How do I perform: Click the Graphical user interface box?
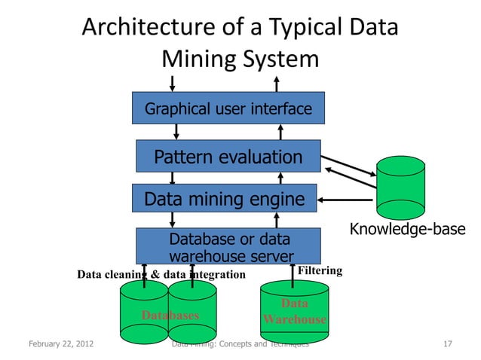[x=228, y=108]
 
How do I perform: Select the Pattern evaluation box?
[x=228, y=157]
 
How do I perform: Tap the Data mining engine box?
[x=225, y=200]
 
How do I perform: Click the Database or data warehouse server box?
[x=228, y=246]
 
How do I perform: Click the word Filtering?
[x=320, y=270]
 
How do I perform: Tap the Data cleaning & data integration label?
[x=161, y=274]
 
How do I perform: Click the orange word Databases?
[x=170, y=315]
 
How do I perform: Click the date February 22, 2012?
[x=61, y=345]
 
